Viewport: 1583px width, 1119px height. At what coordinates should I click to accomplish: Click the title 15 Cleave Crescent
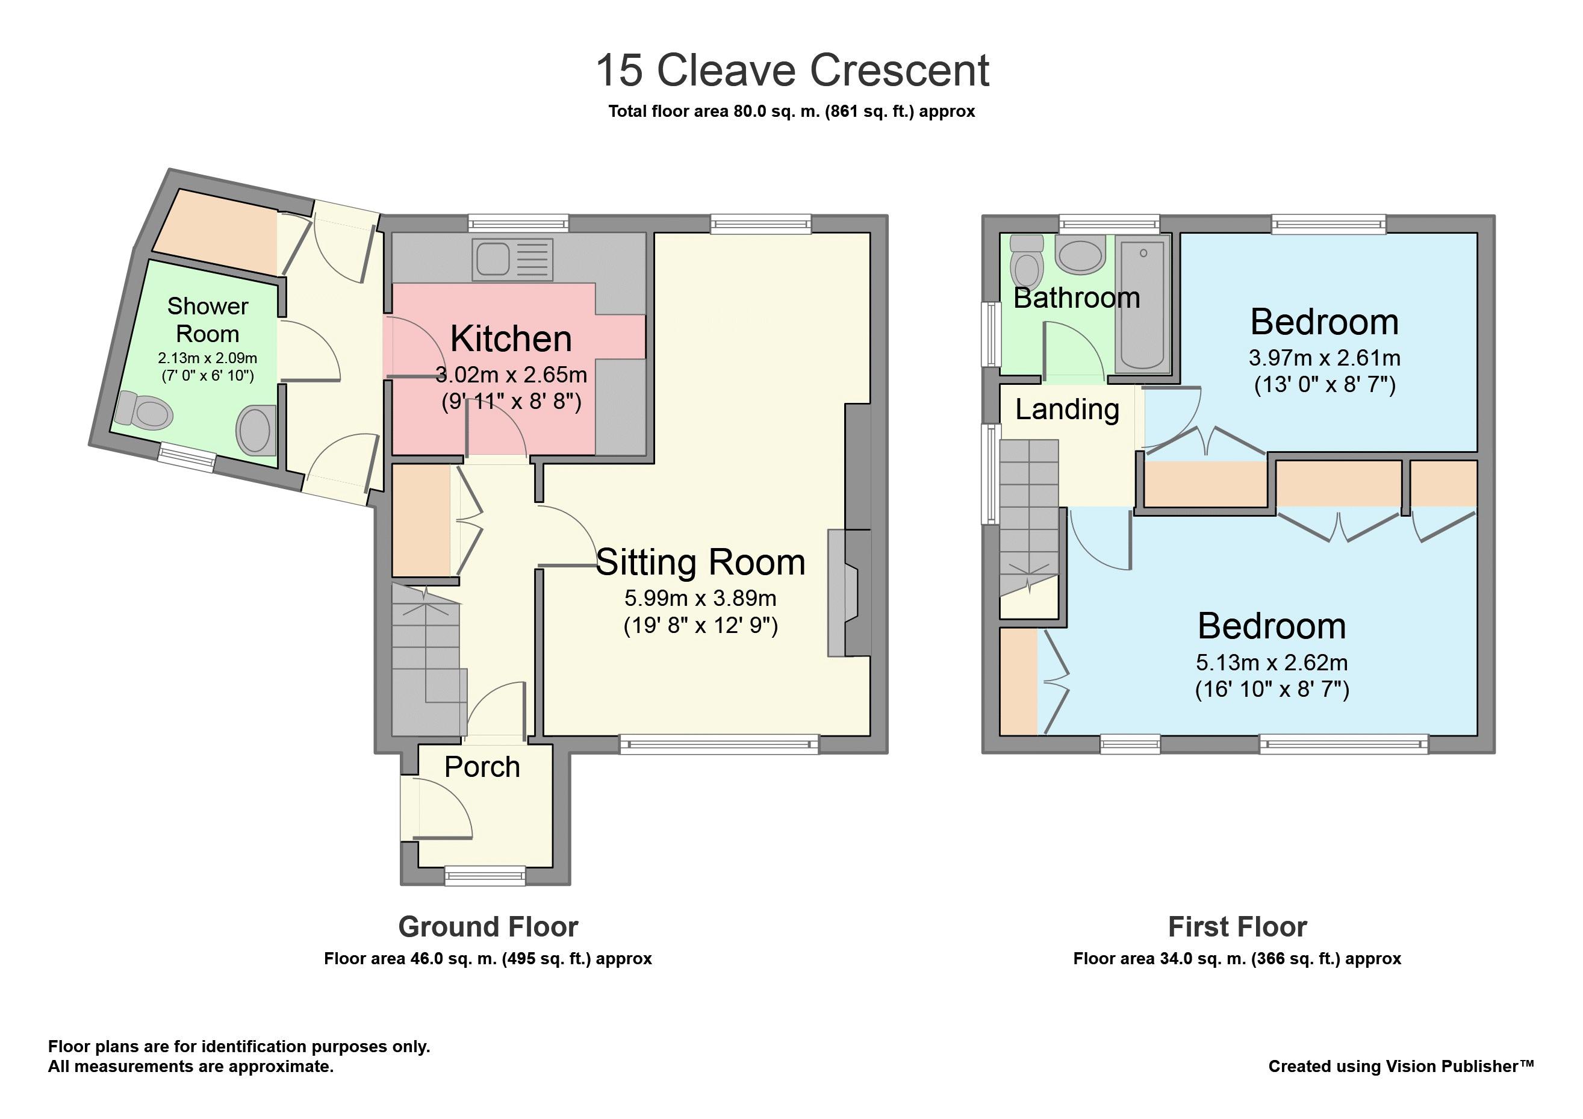(792, 70)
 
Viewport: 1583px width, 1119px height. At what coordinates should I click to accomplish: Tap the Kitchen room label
(511, 338)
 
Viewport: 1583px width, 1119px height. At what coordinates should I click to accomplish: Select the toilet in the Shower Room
(143, 410)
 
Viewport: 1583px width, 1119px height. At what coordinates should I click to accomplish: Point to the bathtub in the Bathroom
(1142, 304)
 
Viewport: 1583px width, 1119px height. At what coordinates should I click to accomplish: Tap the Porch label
(482, 767)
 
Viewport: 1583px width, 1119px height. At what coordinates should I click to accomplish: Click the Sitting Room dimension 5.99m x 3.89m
(700, 598)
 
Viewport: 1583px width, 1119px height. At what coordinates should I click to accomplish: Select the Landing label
(1066, 409)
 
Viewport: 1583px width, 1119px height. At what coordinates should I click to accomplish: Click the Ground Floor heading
(488, 927)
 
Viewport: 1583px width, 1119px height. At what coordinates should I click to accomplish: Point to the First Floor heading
(1237, 927)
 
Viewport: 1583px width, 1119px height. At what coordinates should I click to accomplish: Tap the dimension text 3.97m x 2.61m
(1325, 358)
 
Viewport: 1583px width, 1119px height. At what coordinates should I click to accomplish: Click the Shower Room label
(208, 320)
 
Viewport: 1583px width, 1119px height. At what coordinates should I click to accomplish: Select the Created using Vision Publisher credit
(1401, 1066)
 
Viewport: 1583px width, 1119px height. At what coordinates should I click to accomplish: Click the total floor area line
(791, 111)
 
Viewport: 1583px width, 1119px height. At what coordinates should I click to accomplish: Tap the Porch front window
(485, 876)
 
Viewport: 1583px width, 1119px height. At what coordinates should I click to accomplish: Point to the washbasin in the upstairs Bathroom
(1080, 255)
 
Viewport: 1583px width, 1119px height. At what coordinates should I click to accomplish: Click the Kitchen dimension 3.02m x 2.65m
(511, 375)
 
